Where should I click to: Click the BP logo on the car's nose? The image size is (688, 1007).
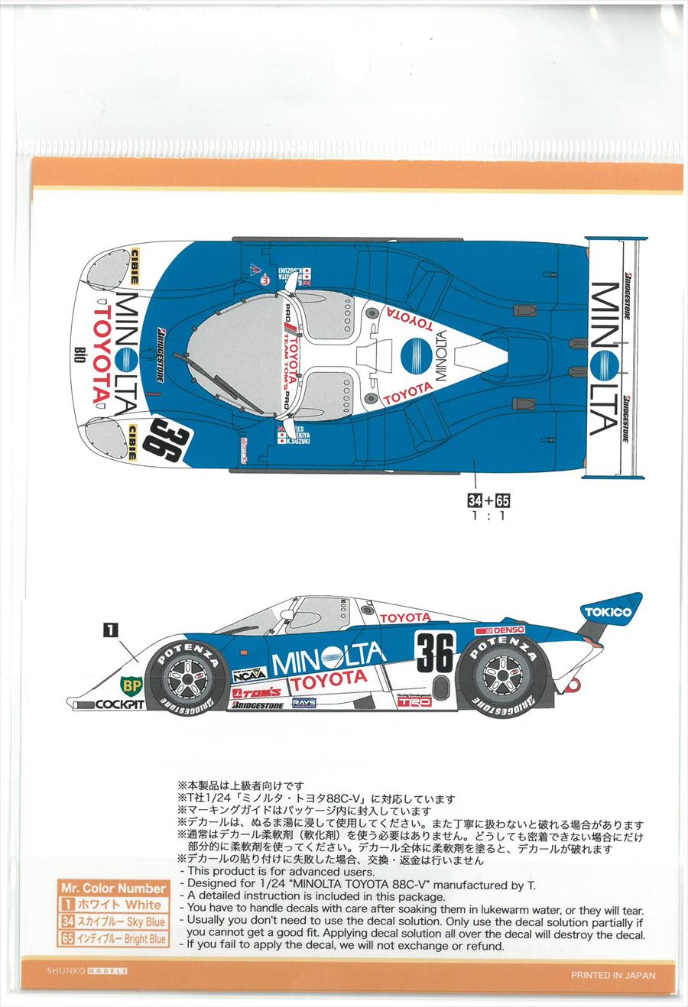[131, 685]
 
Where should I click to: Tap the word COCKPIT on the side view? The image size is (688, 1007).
[120, 704]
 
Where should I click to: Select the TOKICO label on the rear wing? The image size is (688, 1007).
[608, 612]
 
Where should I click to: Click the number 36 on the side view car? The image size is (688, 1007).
[435, 652]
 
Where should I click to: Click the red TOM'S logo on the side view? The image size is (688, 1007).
[256, 692]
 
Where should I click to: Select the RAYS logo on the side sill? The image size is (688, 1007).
[303, 702]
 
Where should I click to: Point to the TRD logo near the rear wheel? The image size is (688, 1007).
[419, 701]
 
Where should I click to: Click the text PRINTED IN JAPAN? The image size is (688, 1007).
[613, 975]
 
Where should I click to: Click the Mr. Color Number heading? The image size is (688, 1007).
[113, 888]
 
